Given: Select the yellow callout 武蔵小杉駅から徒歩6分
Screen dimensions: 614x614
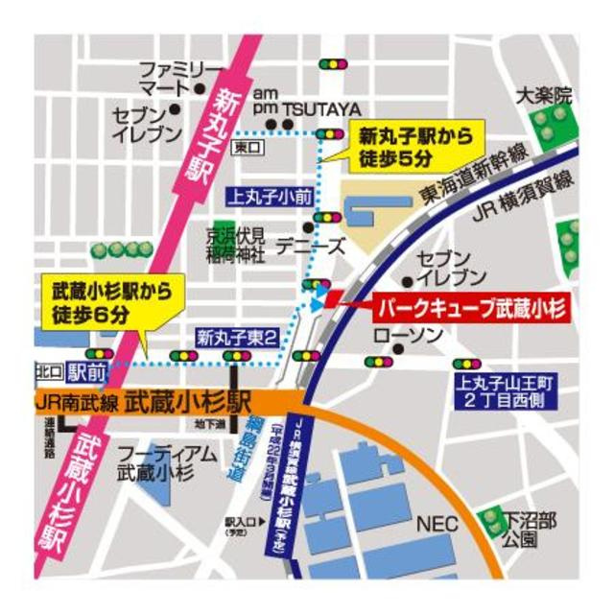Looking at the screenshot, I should [x=103, y=298].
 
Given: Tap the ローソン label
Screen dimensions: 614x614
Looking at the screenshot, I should [x=410, y=334].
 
